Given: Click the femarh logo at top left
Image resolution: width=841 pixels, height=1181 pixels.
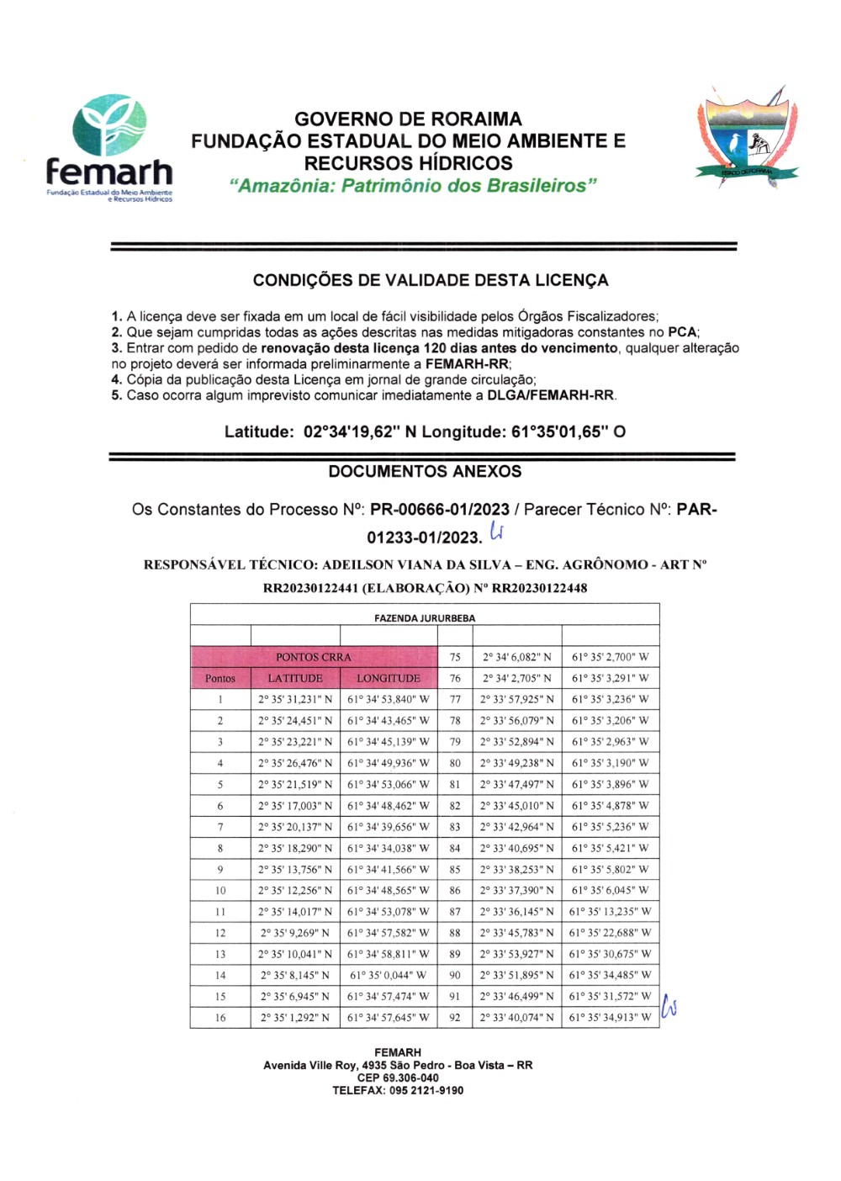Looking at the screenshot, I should (109, 147).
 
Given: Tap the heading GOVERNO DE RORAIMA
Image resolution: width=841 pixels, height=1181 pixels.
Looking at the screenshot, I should (408, 119).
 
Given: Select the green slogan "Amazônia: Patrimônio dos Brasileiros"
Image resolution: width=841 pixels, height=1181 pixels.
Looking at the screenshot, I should (413, 186).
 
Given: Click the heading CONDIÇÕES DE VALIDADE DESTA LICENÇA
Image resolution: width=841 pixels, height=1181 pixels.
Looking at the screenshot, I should (431, 280).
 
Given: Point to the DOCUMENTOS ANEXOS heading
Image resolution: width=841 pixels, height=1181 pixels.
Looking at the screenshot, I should (425, 472).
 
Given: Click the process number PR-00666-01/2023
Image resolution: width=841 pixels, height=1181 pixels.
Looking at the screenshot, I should (439, 510).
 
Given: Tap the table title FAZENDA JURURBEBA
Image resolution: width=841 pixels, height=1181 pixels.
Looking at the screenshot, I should (425, 618).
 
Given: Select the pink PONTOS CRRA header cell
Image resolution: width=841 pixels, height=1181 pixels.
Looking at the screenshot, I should (314, 657).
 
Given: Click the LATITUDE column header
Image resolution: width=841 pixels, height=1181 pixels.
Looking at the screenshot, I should (295, 678).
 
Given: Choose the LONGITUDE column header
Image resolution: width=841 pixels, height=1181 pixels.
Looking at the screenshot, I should (388, 678).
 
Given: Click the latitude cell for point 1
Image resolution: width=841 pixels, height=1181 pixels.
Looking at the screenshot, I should (295, 699).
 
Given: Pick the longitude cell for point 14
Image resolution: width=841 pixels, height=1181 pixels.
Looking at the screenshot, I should (388, 976).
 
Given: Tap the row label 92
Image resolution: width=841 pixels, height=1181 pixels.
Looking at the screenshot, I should (455, 1018).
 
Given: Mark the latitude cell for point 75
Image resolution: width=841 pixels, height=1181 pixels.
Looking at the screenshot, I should (517, 657).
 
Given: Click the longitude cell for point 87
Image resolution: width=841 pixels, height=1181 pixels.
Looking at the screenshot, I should (610, 912).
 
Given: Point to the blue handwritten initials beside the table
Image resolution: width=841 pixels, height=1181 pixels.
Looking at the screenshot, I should (669, 1007).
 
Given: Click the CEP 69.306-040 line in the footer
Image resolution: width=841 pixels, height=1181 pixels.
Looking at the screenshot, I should (398, 1078).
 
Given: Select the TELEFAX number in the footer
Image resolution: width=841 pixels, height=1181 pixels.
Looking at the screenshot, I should (398, 1091).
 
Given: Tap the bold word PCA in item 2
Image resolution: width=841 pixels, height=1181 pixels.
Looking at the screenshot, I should (682, 332).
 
